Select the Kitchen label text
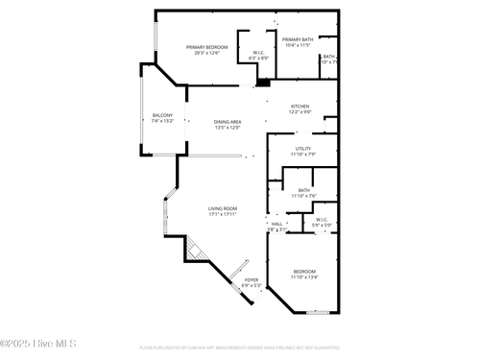coord(300,109)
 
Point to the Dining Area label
coord(228,124)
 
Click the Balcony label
coord(162,118)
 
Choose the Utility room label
coord(303,152)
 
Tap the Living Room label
coord(223,211)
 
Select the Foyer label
coord(251,282)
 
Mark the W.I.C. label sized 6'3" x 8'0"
coord(258,56)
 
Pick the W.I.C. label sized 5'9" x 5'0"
coord(323,222)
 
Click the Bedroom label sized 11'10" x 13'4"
coord(303,274)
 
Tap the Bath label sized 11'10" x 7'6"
coord(303,193)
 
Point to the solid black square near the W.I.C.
coord(261,83)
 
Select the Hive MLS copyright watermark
coord(37,344)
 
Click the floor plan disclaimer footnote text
coord(240,348)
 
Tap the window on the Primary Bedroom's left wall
coord(156,37)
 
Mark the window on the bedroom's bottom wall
coord(317,312)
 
